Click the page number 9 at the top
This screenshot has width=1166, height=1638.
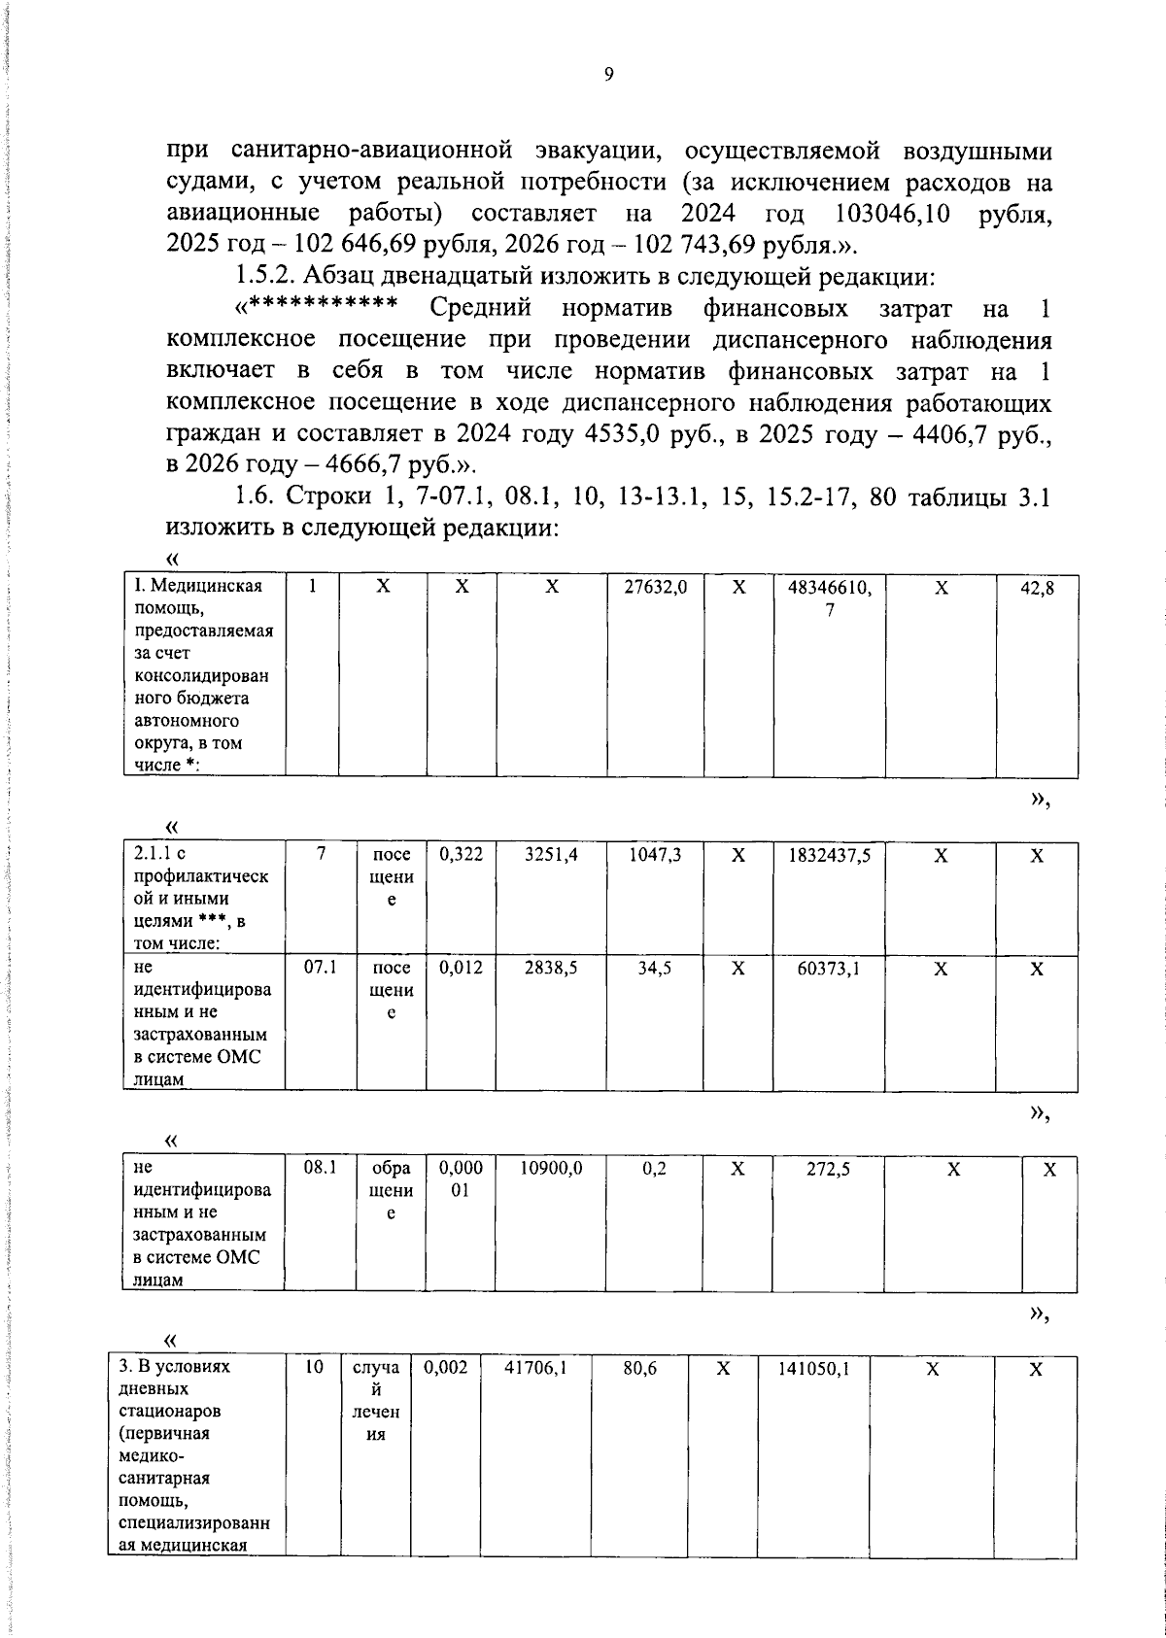tap(608, 75)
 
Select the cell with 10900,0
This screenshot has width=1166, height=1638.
tap(551, 1168)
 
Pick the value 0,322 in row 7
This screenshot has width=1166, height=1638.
tap(461, 855)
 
